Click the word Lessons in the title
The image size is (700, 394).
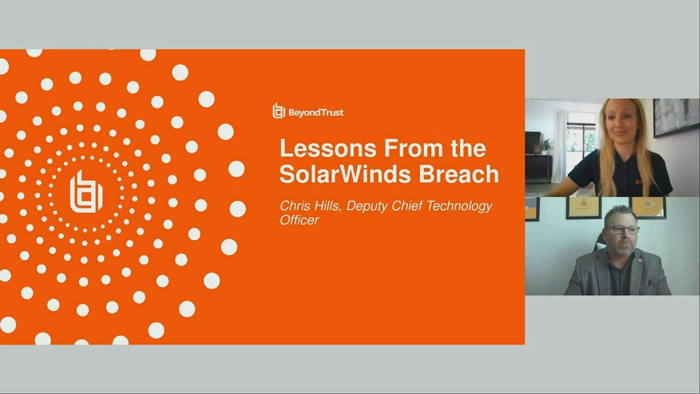pos(328,148)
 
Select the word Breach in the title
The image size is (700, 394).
pos(459,174)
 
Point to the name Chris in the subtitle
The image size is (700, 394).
pos(293,206)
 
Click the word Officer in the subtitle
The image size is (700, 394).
pos(299,220)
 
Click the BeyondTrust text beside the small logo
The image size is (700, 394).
pos(316,112)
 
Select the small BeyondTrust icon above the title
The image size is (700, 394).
pos(279,111)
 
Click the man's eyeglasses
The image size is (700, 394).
pos(622,230)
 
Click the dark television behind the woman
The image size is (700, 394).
pos(533,143)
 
